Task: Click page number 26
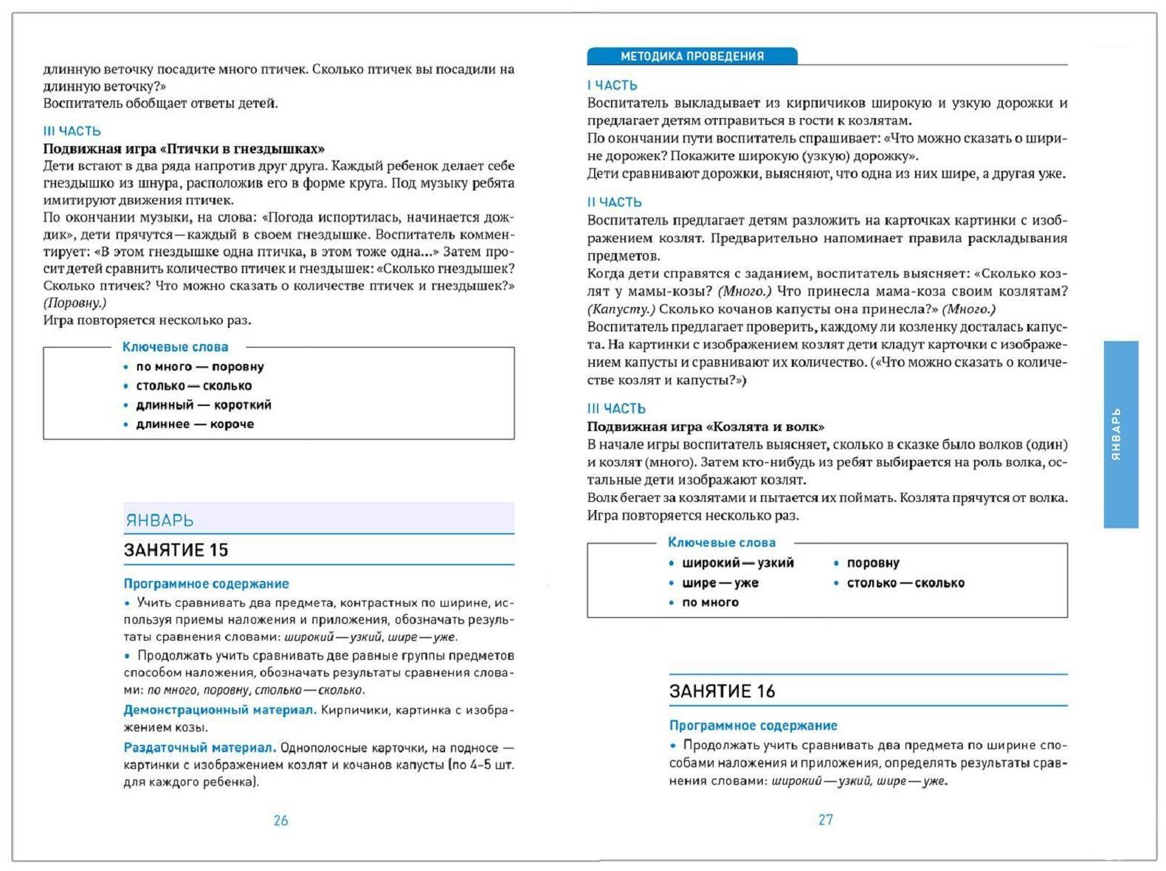[280, 820]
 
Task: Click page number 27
[825, 819]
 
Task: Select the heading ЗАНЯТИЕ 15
[176, 550]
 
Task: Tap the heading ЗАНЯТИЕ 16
[722, 691]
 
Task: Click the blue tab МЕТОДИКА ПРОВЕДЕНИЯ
[691, 56]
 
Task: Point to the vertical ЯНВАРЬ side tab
[1120, 434]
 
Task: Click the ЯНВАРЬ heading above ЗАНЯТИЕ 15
[159, 520]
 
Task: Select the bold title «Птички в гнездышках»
[184, 148]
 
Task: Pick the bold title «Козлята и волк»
[706, 427]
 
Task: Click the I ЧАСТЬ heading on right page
[612, 86]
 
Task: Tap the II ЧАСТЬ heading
[614, 202]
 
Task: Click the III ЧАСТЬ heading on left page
[72, 131]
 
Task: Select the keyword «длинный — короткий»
[203, 405]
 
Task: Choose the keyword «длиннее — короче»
[195, 424]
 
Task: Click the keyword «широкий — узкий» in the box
[737, 563]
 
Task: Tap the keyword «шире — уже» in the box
[720, 583]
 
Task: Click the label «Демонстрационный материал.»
[220, 710]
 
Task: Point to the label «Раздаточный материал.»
[199, 748]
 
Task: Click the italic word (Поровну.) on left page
[75, 303]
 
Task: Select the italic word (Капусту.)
[621, 309]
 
